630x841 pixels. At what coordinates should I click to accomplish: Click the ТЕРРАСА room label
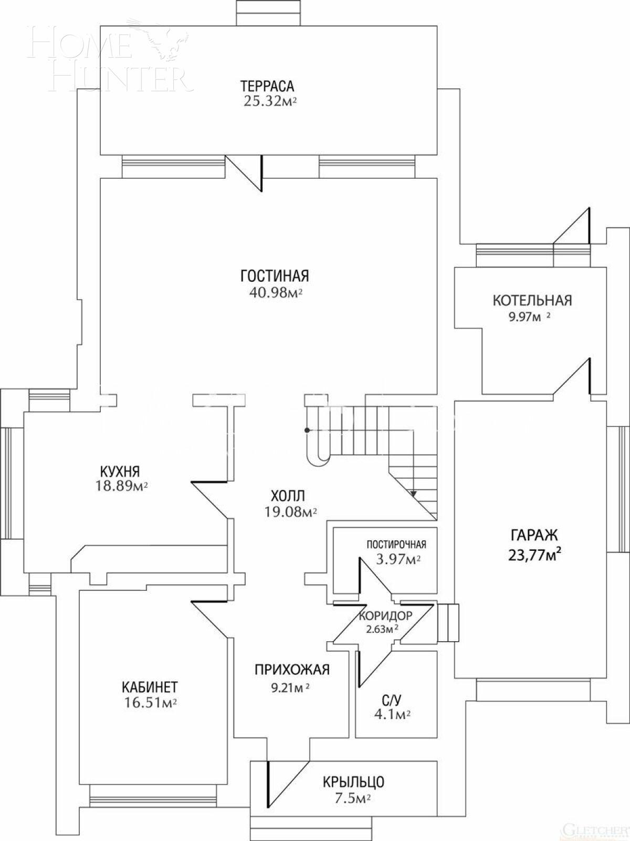tap(267, 85)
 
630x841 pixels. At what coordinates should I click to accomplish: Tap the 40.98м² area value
tap(276, 293)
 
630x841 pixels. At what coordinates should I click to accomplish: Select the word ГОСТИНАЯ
tap(275, 275)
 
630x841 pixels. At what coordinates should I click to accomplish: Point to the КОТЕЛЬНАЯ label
tap(532, 300)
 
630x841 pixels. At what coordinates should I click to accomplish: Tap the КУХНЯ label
tap(120, 470)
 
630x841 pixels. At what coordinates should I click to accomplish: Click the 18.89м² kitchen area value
tap(121, 486)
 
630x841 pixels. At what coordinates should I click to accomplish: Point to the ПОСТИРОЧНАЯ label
tap(396, 544)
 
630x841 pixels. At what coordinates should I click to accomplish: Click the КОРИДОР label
tap(385, 616)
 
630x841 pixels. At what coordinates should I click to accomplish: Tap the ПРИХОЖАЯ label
tap(292, 669)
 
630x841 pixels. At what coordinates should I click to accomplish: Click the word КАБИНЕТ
tap(150, 686)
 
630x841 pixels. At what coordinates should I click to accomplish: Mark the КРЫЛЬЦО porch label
tap(353, 782)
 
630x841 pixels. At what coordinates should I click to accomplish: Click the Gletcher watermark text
tap(594, 829)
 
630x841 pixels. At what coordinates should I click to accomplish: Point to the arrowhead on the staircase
tap(414, 494)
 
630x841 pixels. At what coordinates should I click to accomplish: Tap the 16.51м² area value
tap(150, 703)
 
